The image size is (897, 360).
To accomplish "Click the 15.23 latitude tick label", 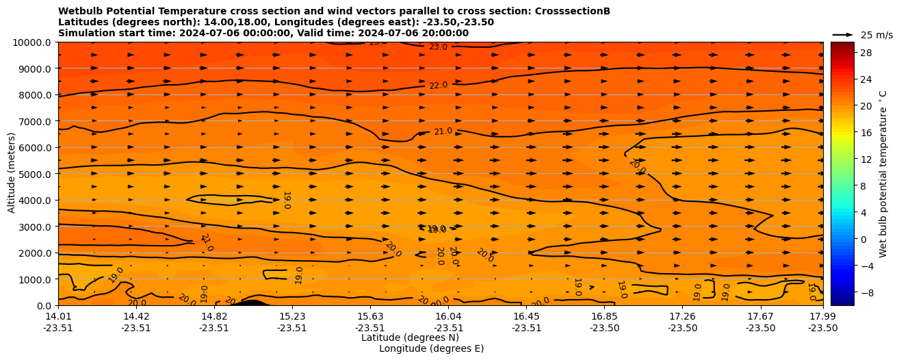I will click(291, 316).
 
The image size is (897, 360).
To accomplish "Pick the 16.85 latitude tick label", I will click(605, 316).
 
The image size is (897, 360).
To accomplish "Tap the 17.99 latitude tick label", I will click(822, 316).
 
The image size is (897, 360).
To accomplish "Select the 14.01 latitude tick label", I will click(58, 316).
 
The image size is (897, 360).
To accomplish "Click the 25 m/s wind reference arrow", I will click(842, 34).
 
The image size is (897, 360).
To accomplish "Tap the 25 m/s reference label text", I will click(875, 35).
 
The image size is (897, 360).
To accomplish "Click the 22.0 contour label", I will click(438, 86).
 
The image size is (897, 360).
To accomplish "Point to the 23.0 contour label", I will click(438, 47).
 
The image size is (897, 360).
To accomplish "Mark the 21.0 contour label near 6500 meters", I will click(443, 131).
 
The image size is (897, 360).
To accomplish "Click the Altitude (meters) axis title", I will click(12, 173).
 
